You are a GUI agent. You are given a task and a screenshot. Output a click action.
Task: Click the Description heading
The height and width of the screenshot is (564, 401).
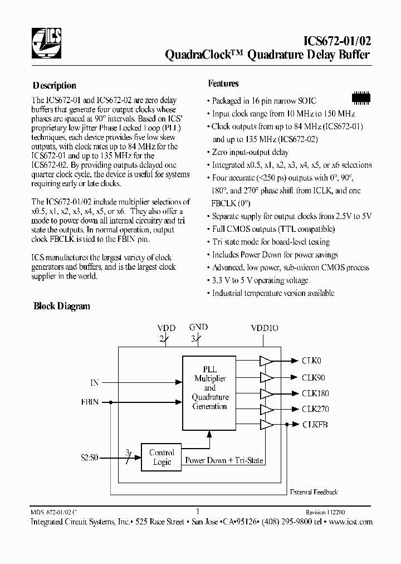(x=55, y=86)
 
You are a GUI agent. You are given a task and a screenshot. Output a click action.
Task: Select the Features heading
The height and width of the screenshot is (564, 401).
(x=223, y=84)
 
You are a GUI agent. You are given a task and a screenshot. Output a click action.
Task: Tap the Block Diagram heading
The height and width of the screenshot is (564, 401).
(x=62, y=306)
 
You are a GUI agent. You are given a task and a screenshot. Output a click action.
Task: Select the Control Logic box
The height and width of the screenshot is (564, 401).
(x=162, y=457)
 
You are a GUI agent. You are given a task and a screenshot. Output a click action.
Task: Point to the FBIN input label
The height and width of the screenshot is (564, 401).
(x=90, y=401)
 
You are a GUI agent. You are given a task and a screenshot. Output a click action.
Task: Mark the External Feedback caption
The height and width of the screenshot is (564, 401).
(x=314, y=492)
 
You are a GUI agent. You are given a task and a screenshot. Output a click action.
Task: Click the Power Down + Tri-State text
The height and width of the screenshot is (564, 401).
(x=224, y=461)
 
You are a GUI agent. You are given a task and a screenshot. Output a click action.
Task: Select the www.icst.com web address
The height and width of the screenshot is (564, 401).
(x=350, y=522)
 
